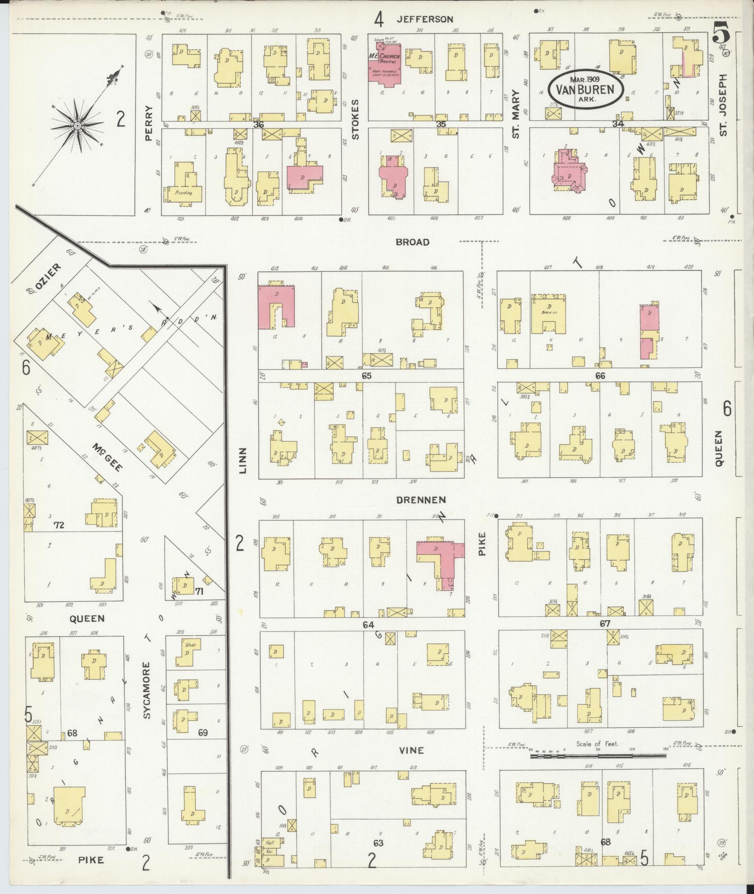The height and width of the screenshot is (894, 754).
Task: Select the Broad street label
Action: pos(412,242)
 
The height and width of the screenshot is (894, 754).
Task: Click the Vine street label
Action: pos(411,750)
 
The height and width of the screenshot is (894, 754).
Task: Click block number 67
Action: pos(605,623)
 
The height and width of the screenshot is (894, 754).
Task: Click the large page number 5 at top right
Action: pos(723,33)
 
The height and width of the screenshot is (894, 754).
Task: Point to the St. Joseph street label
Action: pos(724,105)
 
